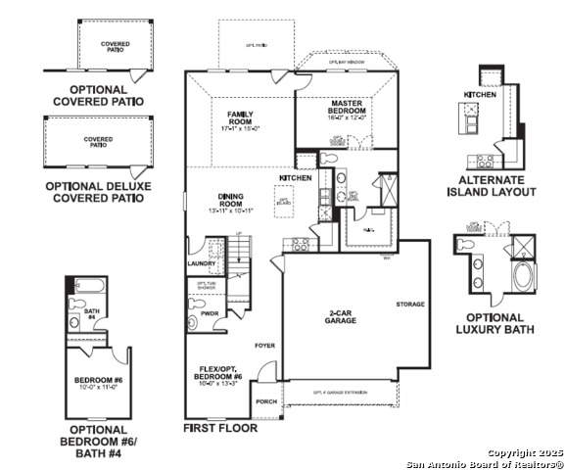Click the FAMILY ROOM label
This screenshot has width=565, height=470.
pos(240,120)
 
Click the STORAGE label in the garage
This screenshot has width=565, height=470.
pos(410,304)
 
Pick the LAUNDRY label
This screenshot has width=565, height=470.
pos(201,262)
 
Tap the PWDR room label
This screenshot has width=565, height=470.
pos(209,313)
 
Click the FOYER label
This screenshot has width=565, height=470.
pos(264,346)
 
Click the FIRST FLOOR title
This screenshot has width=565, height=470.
pos(220,428)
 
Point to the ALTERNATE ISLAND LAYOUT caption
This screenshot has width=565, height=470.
pos(497,186)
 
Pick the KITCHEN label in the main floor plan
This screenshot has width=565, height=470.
pos(296,178)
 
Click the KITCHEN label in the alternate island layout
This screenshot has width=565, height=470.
pos(480,94)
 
